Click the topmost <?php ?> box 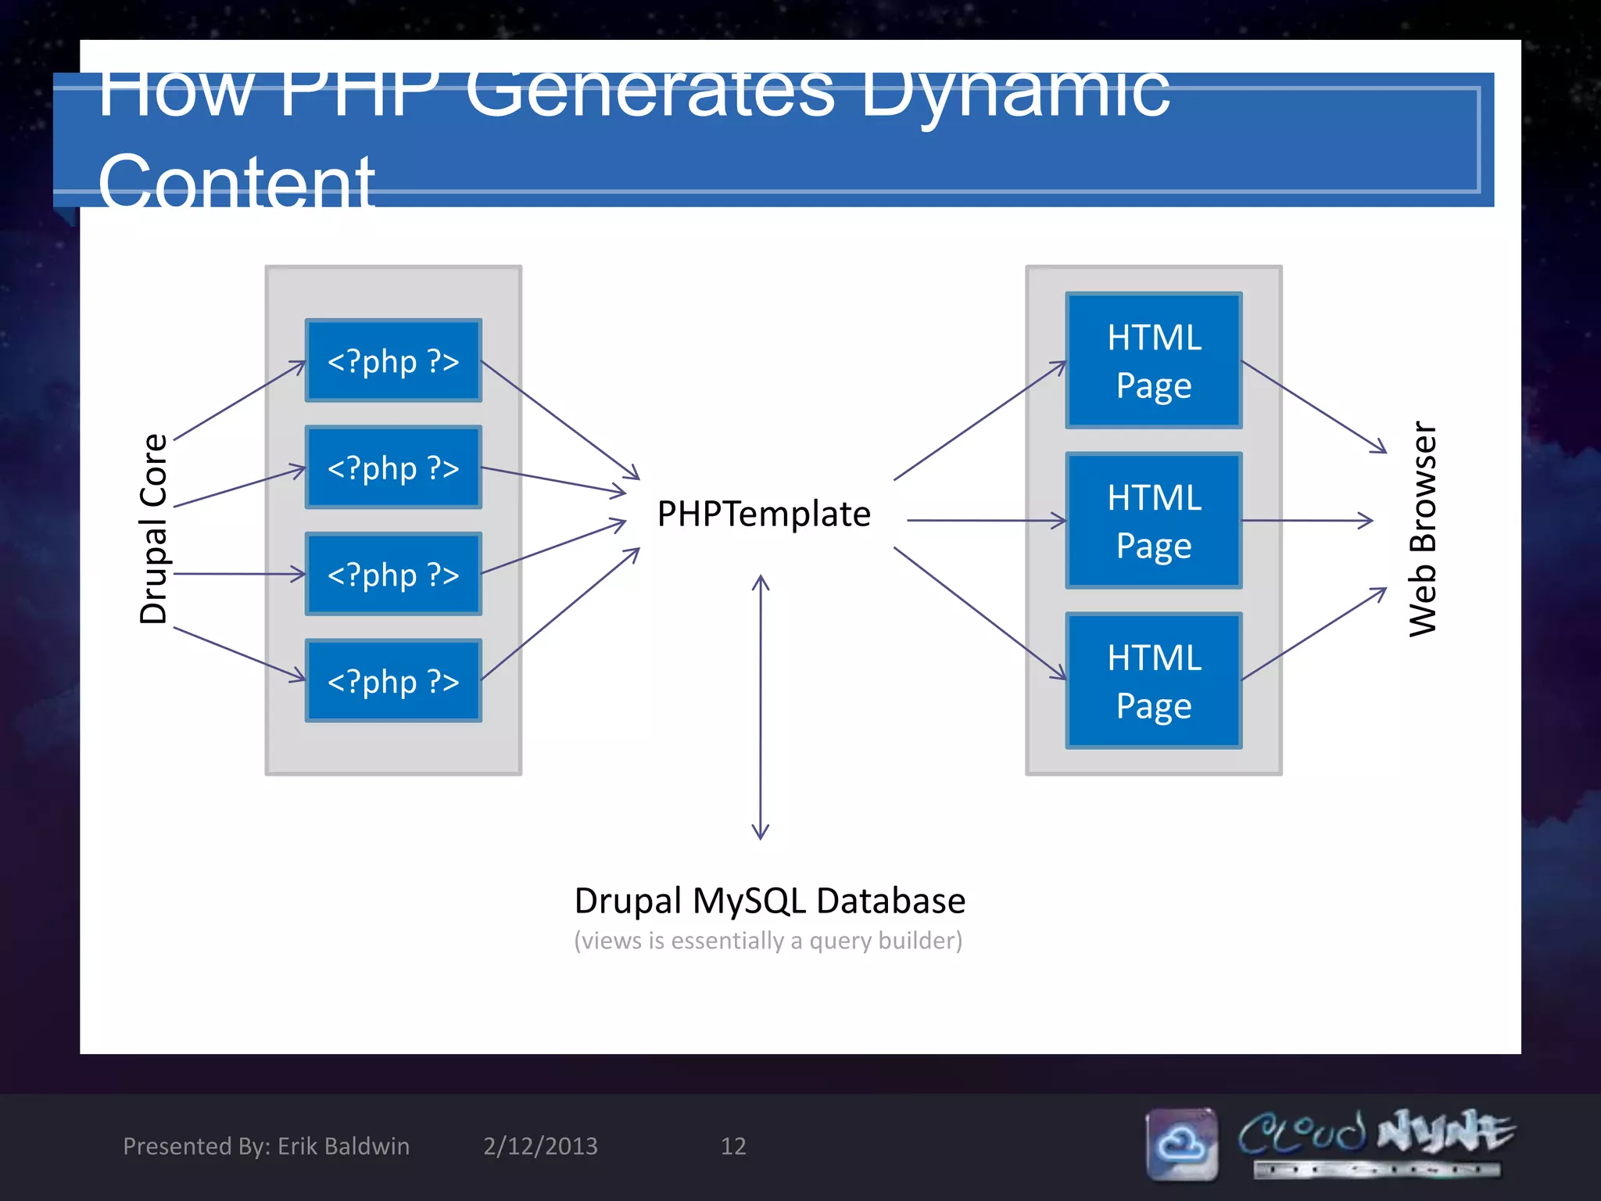(x=393, y=360)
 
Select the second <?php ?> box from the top (x=393, y=468)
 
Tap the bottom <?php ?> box (x=393, y=681)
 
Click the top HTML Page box (x=1153, y=360)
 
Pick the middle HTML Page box (x=1153, y=521)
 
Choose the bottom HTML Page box (x=1153, y=681)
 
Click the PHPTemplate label (x=763, y=514)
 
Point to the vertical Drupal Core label (x=153, y=529)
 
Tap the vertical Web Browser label (x=1423, y=529)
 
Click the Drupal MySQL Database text (x=769, y=901)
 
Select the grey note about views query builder (x=768, y=941)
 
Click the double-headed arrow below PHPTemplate (x=761, y=708)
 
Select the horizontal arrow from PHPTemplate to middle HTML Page (x=985, y=520)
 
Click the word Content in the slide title (x=236, y=181)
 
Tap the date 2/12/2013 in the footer (x=540, y=1146)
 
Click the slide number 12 (x=732, y=1146)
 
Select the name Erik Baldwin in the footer (x=343, y=1146)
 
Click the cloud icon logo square (x=1181, y=1144)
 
